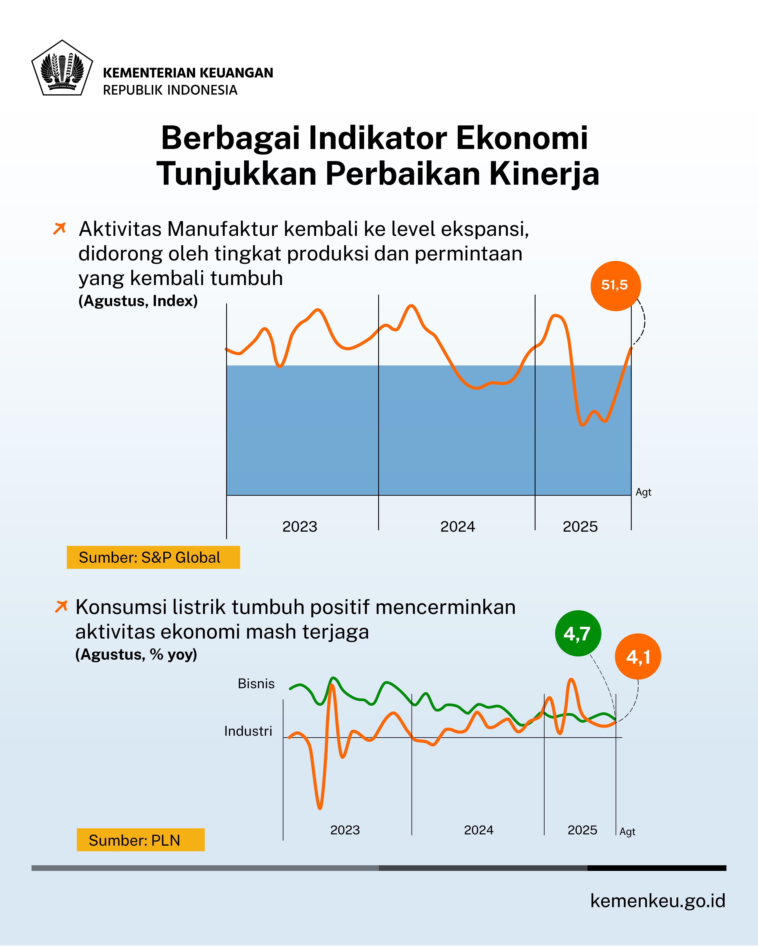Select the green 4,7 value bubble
[577, 633]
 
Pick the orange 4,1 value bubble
[638, 657]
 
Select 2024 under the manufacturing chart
[457, 527]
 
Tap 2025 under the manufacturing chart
[580, 527]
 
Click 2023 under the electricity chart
[345, 830]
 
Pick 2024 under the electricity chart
[479, 830]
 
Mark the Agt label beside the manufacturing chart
[643, 492]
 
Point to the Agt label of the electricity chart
[627, 832]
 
